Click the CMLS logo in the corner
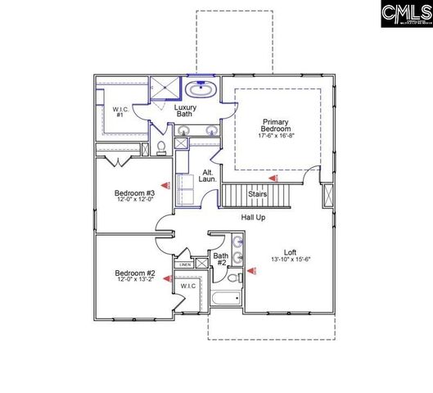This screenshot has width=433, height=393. tap(407, 15)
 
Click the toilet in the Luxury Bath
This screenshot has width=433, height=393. tap(161, 147)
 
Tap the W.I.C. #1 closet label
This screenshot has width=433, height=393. tap(119, 111)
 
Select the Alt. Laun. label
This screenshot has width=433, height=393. tap(209, 176)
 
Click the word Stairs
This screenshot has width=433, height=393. tap(257, 194)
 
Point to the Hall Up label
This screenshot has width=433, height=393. tap(253, 217)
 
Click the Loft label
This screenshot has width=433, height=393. tap(290, 253)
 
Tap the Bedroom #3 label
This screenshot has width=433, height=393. tap(134, 193)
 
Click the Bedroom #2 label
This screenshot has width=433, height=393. tap(134, 273)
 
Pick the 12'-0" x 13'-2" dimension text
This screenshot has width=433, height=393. tap(134, 280)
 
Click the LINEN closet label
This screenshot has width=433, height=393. tap(184, 265)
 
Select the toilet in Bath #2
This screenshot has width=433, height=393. tap(233, 278)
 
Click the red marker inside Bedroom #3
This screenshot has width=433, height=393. tap(164, 186)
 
